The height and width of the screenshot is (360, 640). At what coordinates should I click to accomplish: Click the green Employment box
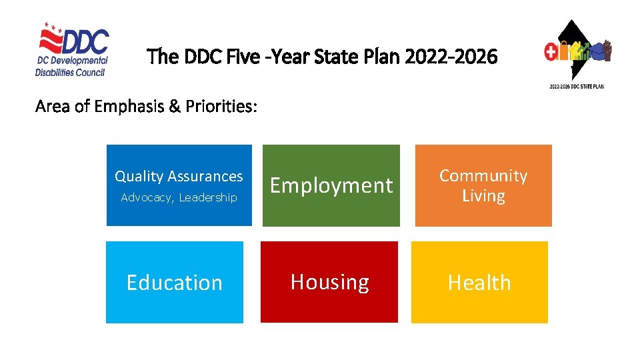(x=331, y=185)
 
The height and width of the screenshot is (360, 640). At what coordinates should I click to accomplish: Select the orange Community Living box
(x=483, y=185)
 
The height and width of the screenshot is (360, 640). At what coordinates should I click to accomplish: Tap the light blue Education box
(x=175, y=283)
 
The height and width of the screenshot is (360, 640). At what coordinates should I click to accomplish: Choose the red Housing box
(x=329, y=283)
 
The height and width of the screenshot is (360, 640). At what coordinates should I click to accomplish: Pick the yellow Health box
(x=479, y=283)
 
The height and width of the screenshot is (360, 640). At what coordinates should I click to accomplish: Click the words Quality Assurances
(x=179, y=176)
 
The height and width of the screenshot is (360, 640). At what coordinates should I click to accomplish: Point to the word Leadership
(x=208, y=197)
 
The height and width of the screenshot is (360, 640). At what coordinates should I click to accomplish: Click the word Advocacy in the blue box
(x=147, y=197)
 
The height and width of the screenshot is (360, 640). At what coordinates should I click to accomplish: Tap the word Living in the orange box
(x=483, y=196)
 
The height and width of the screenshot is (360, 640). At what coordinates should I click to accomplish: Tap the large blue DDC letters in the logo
(x=85, y=41)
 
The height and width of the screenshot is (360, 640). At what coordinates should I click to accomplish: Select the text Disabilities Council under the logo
(x=71, y=72)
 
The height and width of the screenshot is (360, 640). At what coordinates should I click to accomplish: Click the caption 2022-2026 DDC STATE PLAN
(x=577, y=87)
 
